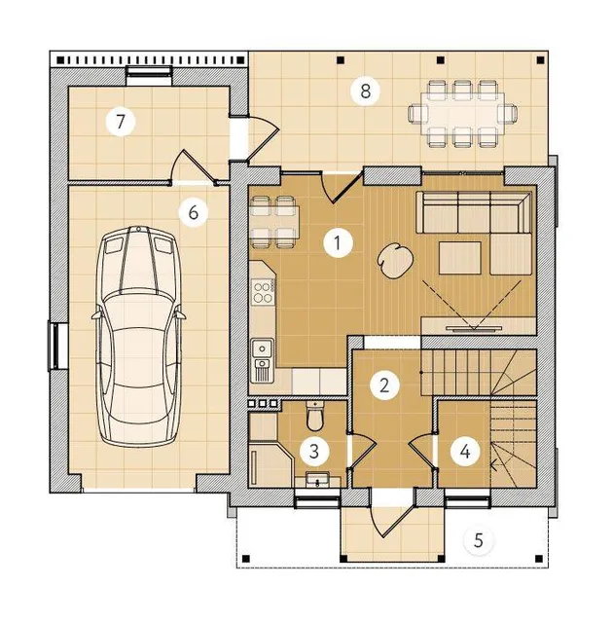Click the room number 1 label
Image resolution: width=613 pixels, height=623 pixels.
[x=338, y=242]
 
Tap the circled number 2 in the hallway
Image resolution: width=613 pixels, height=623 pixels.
[x=384, y=385]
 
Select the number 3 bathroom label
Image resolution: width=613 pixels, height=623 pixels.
[x=314, y=452]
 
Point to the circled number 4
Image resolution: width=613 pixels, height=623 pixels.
[x=465, y=452]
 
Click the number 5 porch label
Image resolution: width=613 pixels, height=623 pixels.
[x=479, y=540]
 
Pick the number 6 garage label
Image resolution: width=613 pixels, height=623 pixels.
[x=194, y=212]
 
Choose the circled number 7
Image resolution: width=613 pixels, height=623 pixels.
[x=121, y=122]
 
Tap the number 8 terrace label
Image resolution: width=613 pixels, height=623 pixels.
[x=365, y=91]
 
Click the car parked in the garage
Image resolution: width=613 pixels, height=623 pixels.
[x=138, y=336]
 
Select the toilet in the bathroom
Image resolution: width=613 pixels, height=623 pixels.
[x=316, y=417]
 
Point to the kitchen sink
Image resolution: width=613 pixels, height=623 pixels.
[x=262, y=359]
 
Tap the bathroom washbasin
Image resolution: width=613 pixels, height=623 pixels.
[x=317, y=479]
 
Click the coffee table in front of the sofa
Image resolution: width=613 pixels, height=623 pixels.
[x=460, y=258]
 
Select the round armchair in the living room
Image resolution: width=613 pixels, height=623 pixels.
[x=395, y=261]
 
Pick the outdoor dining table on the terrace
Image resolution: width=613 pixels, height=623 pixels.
[x=463, y=113]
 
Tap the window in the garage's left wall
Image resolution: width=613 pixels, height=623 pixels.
[x=54, y=346]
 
